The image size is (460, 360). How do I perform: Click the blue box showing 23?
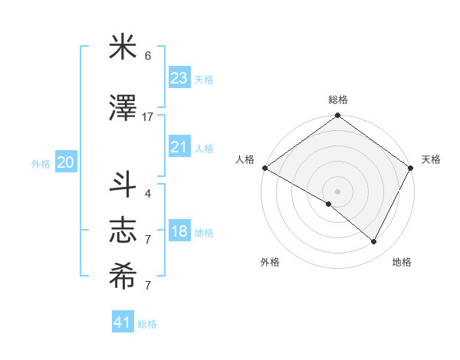(179, 77)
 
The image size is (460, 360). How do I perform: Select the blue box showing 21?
(179, 147)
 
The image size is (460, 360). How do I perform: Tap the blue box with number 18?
(179, 232)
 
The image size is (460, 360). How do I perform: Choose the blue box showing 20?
(66, 162)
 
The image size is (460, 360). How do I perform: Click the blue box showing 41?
(123, 322)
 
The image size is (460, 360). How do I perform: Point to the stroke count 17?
(148, 116)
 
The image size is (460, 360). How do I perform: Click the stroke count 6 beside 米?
(148, 56)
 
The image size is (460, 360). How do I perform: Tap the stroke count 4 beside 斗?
(148, 193)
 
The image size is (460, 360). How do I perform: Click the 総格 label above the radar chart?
(338, 100)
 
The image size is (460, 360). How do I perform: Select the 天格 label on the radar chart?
(432, 159)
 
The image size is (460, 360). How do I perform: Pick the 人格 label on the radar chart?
(245, 159)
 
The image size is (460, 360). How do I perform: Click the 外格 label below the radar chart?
(270, 262)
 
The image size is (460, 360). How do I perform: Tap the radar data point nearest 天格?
(411, 168)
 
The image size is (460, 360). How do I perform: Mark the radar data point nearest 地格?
(374, 242)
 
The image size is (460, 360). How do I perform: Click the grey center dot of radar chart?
(337, 191)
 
